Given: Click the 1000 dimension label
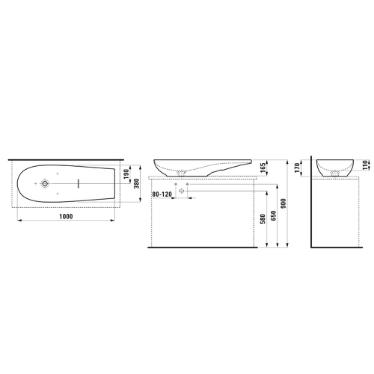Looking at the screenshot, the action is [x=66, y=216].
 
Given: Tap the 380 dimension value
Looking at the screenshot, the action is [x=136, y=183].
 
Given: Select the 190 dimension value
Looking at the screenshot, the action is [x=126, y=174].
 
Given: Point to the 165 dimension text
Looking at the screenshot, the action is [x=263, y=168].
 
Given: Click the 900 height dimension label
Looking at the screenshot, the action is [x=283, y=203].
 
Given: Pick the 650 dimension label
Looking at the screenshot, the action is [x=274, y=216].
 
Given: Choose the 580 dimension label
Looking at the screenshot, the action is [x=263, y=219].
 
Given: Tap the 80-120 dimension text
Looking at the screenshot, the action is [x=162, y=194].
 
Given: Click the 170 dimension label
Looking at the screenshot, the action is [x=297, y=168].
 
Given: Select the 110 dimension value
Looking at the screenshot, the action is [x=365, y=165].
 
